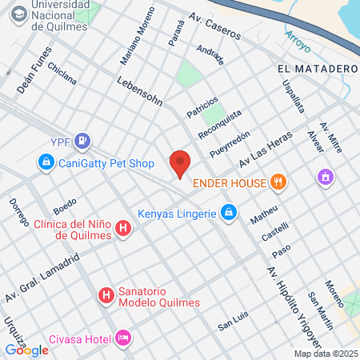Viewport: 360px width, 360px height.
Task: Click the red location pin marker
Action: [x=180, y=164]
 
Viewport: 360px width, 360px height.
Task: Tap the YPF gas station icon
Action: [x=82, y=142]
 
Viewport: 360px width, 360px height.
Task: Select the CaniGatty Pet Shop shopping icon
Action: [x=46, y=164]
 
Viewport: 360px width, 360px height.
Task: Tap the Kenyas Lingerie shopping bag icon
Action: [x=229, y=213]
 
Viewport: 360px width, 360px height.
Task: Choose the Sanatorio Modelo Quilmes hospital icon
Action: [x=106, y=296]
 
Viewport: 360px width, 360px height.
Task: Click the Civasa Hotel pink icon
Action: [x=122, y=337]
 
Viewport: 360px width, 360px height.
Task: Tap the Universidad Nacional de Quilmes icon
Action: [x=15, y=16]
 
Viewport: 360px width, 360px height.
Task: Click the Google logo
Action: [x=26, y=350]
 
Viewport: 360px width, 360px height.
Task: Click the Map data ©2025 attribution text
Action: [x=326, y=354]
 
